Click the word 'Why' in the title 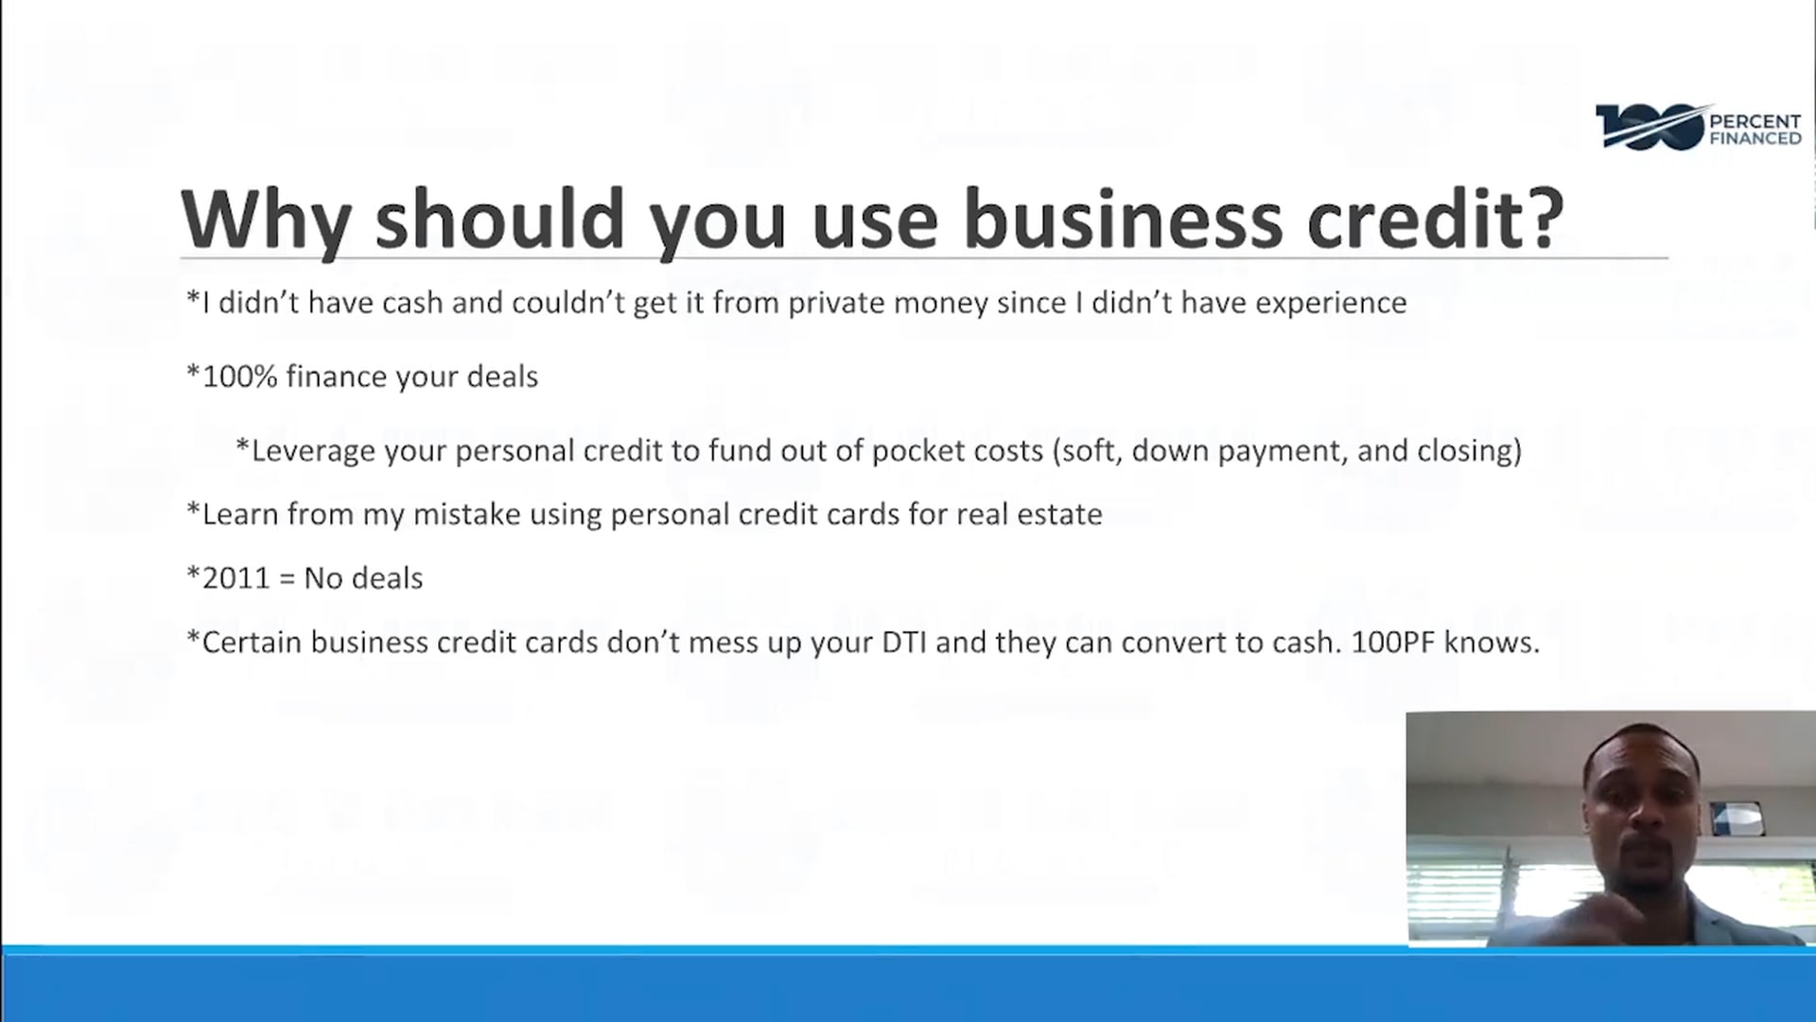[266, 220]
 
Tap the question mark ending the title [1543, 219]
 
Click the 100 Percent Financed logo [1699, 128]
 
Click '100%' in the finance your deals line [239, 377]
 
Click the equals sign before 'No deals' [288, 579]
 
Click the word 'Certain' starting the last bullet [252, 643]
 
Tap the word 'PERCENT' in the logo [1755, 121]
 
